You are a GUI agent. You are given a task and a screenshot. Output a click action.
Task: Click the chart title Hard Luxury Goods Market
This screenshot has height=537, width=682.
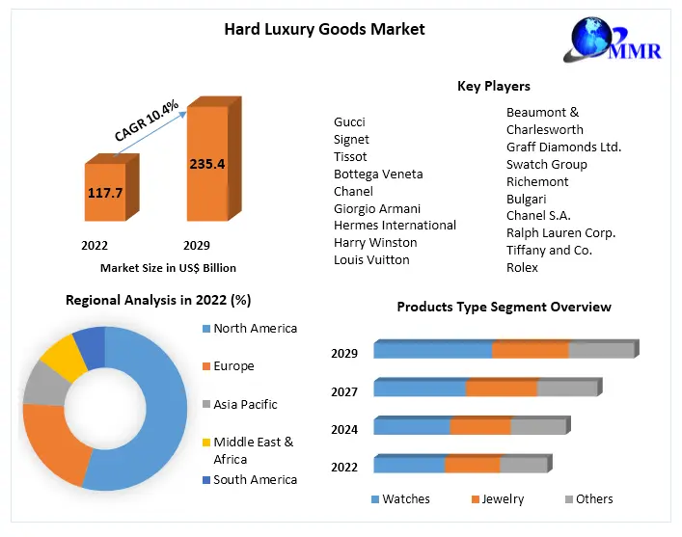[x=324, y=29]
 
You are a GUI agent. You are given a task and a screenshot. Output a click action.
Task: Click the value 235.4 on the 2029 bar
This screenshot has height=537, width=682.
[x=206, y=164]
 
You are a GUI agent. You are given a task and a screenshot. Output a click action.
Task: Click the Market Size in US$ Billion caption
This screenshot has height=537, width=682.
[x=168, y=268]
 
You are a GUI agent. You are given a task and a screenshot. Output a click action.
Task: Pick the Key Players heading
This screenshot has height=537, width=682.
[x=493, y=87]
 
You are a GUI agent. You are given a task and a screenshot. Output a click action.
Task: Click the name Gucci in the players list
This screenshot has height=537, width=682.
[x=349, y=122]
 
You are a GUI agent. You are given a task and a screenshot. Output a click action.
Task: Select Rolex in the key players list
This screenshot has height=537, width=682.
[x=522, y=267]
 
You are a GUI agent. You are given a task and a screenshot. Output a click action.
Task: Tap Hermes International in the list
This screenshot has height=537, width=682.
[x=395, y=225]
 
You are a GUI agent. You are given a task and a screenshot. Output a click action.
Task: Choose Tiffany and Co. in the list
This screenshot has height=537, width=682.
[x=549, y=250]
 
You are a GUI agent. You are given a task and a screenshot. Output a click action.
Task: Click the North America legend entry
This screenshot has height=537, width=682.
[x=255, y=329]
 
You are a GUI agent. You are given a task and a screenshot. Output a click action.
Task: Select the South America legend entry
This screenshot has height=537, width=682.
[x=255, y=479]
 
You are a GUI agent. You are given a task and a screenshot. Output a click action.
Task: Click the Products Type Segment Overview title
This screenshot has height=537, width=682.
[x=504, y=307]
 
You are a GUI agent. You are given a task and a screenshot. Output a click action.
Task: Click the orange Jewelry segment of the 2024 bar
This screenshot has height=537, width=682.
[x=479, y=427]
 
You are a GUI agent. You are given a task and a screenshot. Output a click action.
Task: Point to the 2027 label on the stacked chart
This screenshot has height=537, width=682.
[x=344, y=391]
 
